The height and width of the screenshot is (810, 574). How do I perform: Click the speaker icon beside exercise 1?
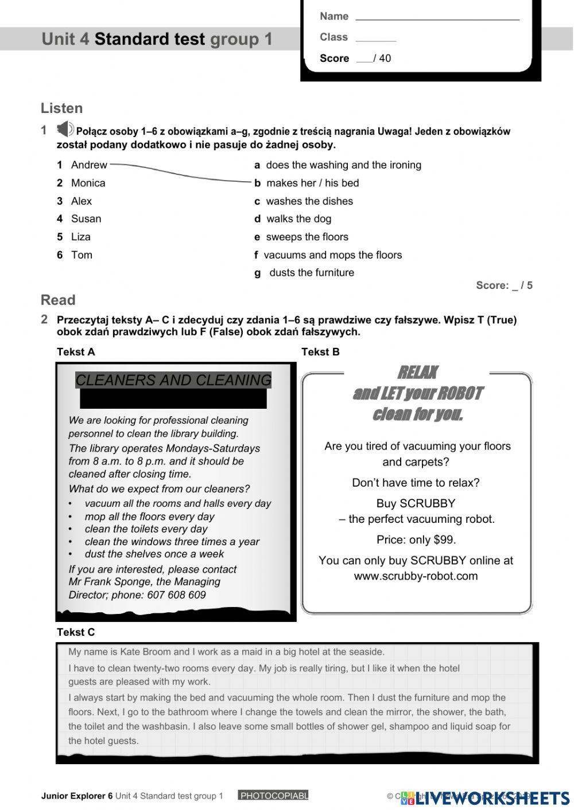(x=65, y=129)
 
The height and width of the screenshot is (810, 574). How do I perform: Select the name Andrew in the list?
(x=89, y=165)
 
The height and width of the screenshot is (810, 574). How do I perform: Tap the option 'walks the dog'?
(x=298, y=219)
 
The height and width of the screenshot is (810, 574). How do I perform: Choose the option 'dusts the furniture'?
(x=311, y=273)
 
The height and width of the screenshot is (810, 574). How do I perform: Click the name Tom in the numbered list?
(x=82, y=255)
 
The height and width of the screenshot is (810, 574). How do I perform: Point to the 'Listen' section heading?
(x=61, y=108)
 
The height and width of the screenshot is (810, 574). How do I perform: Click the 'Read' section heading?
(x=58, y=300)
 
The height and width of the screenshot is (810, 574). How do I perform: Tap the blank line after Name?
(x=437, y=17)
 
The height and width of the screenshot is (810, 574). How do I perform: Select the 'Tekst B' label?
(x=320, y=352)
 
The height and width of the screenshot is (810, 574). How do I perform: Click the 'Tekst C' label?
(x=76, y=632)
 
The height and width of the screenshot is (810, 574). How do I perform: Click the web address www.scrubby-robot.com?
(x=416, y=576)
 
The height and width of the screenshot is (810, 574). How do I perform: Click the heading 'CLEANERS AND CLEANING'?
(x=173, y=380)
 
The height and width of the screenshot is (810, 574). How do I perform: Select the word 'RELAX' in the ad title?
(x=417, y=373)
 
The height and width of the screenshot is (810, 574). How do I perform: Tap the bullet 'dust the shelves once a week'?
(x=154, y=554)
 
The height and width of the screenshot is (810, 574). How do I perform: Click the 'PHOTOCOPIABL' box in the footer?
(x=273, y=796)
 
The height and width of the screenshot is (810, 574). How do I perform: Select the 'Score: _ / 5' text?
(x=504, y=285)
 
